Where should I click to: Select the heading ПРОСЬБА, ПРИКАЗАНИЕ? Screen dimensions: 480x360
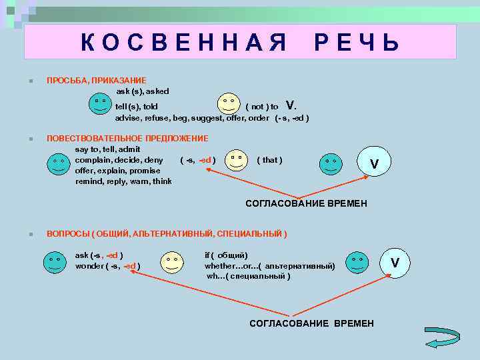(96, 80)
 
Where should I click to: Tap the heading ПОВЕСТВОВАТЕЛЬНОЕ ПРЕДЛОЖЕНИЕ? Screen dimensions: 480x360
(127, 138)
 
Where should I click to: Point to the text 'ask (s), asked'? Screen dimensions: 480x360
(143, 91)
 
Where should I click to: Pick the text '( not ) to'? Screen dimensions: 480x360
(262, 106)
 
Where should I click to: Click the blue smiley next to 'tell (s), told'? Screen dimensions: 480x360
(100, 103)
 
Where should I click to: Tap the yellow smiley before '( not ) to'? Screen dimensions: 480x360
(229, 103)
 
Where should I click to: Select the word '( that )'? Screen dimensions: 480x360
(269, 160)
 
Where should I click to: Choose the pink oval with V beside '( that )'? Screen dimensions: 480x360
(374, 162)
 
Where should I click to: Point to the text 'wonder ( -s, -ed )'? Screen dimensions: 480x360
(107, 265)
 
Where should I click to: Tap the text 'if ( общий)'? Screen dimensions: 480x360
(226, 255)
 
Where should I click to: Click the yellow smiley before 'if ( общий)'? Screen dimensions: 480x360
(172, 262)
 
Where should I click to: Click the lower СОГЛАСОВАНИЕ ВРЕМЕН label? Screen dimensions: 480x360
(311, 323)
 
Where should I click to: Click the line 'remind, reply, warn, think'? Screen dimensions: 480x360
(123, 181)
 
